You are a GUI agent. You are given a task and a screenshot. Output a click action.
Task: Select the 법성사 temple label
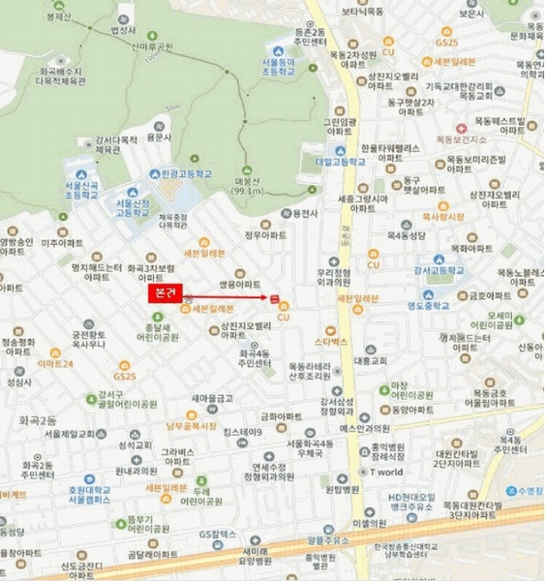tap(122, 30)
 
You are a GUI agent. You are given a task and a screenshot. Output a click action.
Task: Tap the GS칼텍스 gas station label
tap(219, 534)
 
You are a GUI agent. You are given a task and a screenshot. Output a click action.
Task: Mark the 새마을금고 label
tap(210, 398)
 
